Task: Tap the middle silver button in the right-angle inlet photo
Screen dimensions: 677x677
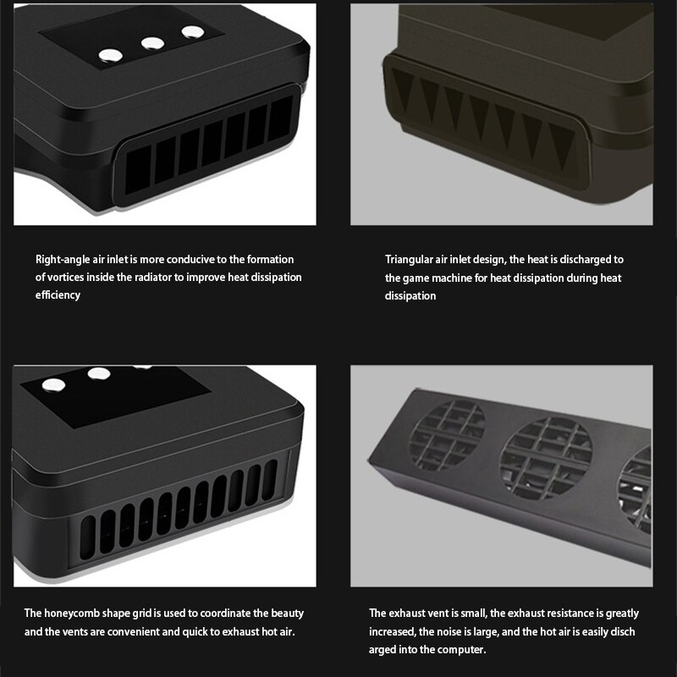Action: pyautogui.click(x=153, y=43)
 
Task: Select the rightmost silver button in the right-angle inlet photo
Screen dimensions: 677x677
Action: pyautogui.click(x=193, y=32)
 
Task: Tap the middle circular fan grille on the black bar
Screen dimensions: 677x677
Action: pyautogui.click(x=545, y=457)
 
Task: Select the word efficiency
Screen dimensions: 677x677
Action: pyautogui.click(x=58, y=295)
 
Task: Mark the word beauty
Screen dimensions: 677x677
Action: pyautogui.click(x=287, y=614)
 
